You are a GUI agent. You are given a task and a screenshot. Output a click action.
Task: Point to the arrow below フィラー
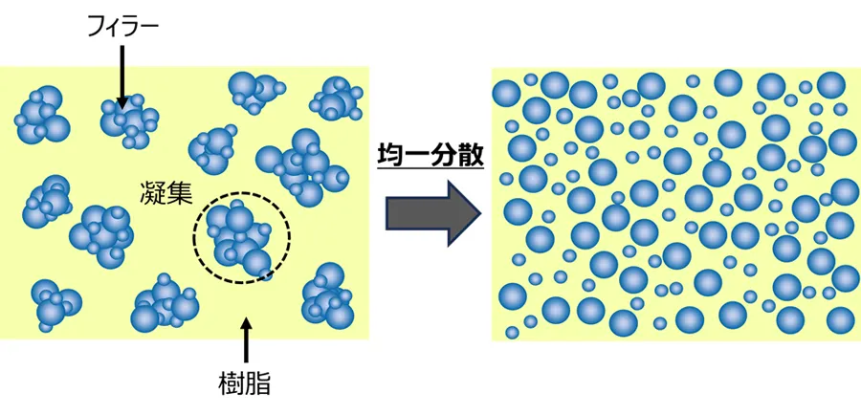[122, 73]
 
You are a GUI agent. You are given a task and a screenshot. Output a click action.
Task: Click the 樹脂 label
[246, 384]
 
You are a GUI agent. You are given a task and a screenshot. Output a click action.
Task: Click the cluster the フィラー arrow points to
[129, 120]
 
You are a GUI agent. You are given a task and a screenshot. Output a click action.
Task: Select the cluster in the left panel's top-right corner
[336, 98]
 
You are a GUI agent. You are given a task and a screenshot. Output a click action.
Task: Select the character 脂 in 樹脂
[258, 384]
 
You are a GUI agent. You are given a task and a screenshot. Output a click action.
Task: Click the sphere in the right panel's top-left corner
[506, 92]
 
